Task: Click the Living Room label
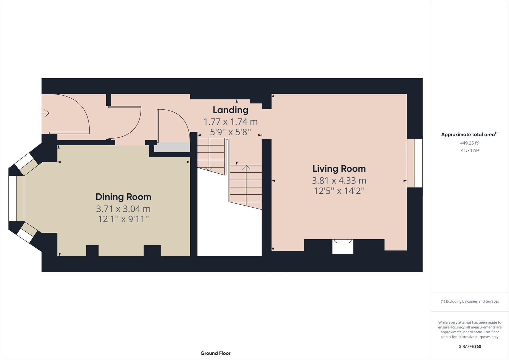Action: click(x=339, y=169)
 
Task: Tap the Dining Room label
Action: click(x=123, y=197)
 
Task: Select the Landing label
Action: click(x=230, y=110)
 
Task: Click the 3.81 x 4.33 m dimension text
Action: click(x=339, y=181)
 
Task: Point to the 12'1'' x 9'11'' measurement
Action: click(x=123, y=219)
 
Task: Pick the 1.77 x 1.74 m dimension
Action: click(x=230, y=122)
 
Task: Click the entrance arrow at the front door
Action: click(x=45, y=113)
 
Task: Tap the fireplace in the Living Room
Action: click(x=343, y=246)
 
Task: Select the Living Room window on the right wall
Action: click(x=415, y=163)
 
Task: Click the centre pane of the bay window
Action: click(x=12, y=198)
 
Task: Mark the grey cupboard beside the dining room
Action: click(x=172, y=147)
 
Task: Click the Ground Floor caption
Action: click(x=215, y=353)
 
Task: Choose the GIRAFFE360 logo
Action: click(x=470, y=346)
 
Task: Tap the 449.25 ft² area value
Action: click(x=470, y=143)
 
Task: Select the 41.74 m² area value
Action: click(x=470, y=150)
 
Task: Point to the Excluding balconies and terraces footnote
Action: click(x=470, y=301)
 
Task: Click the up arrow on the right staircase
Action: click(x=246, y=168)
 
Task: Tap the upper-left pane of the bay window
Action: click(x=23, y=162)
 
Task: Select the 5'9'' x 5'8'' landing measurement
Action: click(x=230, y=132)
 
